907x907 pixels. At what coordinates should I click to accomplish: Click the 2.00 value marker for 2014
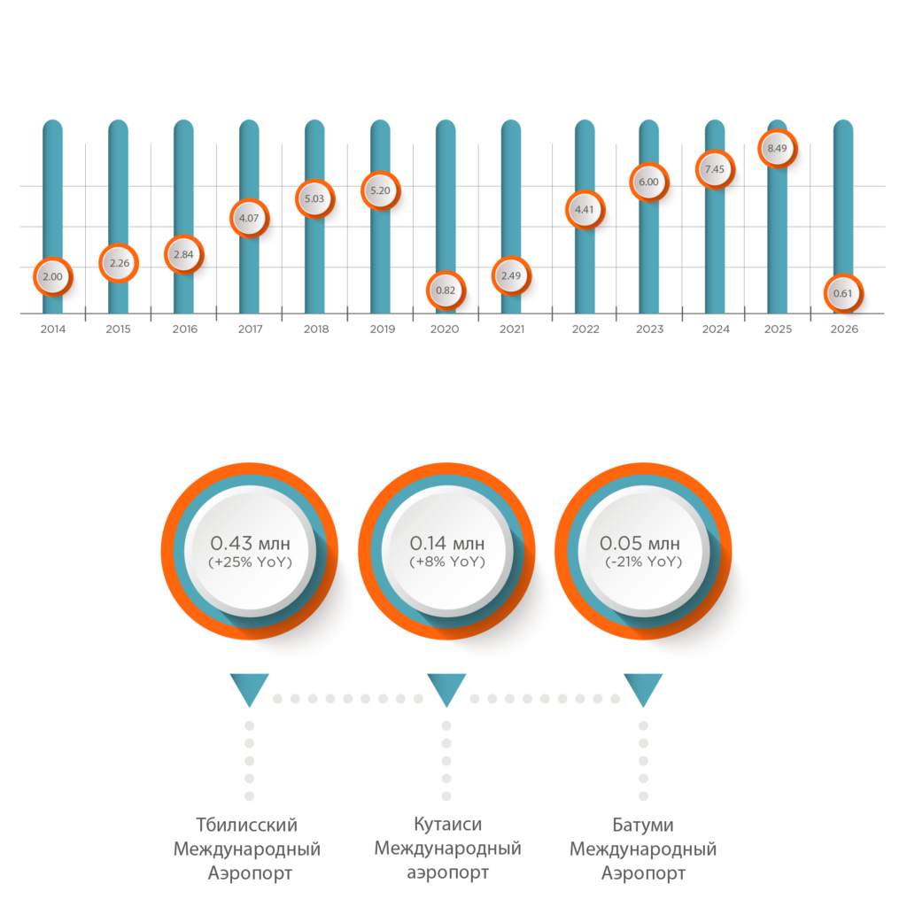[52, 276]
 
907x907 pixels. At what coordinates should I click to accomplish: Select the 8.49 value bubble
[777, 149]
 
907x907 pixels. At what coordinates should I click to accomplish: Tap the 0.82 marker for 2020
[446, 291]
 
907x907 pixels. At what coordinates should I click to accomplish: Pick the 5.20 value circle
[380, 191]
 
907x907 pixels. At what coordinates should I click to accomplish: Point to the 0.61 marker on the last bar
[842, 293]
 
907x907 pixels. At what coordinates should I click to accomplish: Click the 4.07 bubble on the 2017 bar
[249, 218]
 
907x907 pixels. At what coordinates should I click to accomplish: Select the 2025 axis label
[777, 329]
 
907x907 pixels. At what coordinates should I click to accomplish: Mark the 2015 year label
[118, 329]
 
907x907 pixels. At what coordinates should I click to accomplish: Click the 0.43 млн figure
[250, 543]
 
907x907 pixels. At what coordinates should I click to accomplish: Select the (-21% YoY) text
[644, 562]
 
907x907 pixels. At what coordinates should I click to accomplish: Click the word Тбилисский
[246, 825]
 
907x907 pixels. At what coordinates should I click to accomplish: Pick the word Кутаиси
[447, 825]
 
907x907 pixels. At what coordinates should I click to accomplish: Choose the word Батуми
[643, 825]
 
